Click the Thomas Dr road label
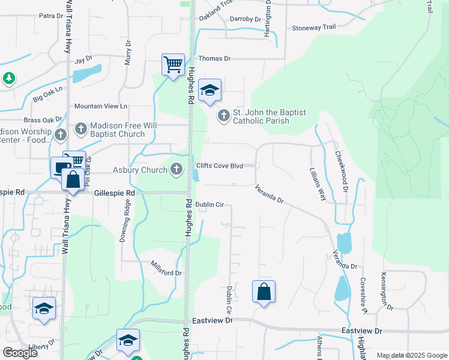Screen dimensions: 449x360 214,58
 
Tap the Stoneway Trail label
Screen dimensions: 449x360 313,28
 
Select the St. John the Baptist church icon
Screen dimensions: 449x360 224,115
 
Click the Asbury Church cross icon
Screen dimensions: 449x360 176,170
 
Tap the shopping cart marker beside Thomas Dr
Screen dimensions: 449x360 173,65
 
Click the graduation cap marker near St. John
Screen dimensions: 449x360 209,92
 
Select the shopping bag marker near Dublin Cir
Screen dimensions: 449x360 264,293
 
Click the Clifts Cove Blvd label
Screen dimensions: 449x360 220,166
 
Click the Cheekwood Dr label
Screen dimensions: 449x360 342,171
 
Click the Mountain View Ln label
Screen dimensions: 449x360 101,106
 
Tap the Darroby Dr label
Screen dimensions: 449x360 246,19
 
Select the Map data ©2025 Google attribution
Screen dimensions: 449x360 412,355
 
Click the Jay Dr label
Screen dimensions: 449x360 83,59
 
